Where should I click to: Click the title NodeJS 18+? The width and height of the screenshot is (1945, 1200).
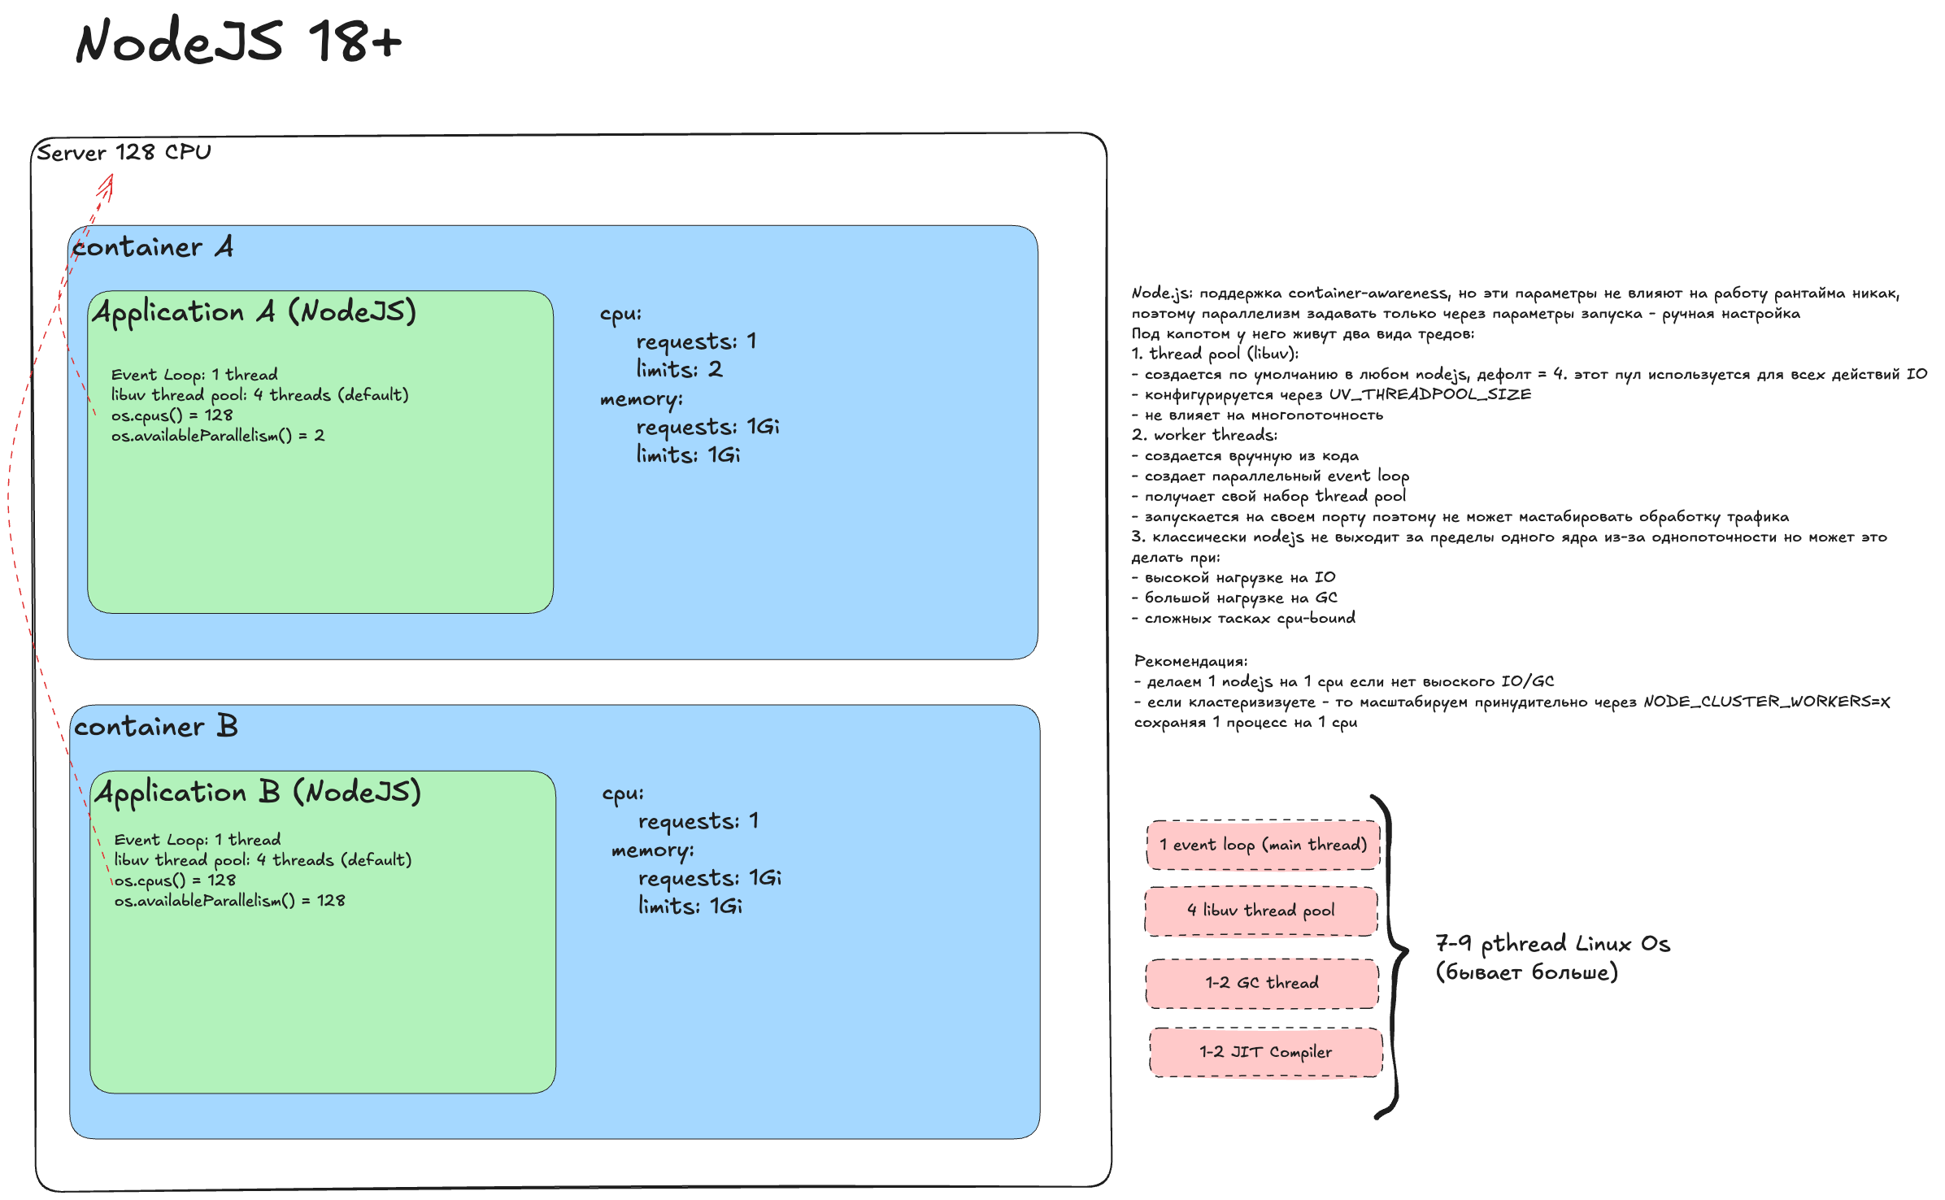pos(238,41)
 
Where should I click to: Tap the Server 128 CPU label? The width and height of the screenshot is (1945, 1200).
pos(124,152)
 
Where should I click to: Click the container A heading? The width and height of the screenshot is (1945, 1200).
pos(153,246)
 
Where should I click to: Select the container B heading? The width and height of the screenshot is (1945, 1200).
pos(155,726)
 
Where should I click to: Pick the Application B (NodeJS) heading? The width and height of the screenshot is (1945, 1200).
pos(258,793)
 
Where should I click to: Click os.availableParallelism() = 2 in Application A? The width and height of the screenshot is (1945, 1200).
pos(218,436)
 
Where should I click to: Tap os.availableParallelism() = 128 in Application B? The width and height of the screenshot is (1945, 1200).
pos(229,901)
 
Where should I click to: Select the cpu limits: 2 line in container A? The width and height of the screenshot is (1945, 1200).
pos(679,370)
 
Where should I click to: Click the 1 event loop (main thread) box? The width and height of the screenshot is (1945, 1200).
pos(1264,845)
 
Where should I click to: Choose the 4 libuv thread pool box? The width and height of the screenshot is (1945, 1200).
pos(1261,911)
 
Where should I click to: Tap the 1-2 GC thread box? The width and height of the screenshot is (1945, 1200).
pos(1262,983)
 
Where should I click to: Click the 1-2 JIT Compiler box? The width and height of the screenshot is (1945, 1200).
pos(1266,1052)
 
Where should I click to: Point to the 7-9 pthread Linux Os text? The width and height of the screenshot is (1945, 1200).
pos(1552,944)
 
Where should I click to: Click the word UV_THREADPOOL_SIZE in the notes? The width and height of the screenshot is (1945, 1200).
pos(1429,394)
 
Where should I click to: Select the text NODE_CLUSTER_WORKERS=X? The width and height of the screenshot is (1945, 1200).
pos(1766,702)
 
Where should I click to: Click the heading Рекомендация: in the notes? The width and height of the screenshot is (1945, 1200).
pos(1190,661)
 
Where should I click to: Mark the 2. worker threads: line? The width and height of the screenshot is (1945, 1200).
pos(1204,435)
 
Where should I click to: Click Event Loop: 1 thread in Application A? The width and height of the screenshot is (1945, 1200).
pos(194,375)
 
